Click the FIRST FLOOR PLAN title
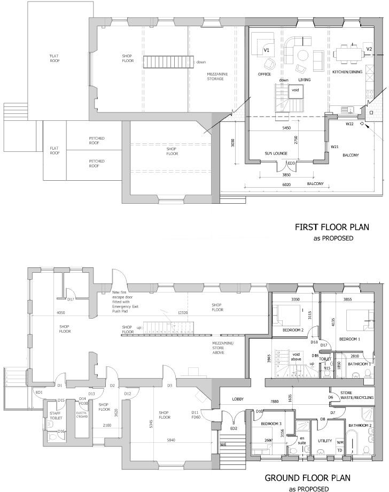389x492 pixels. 332,227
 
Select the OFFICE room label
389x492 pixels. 264,74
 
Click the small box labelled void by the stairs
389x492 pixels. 295,90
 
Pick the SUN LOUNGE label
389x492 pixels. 276,154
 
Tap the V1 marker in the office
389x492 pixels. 266,50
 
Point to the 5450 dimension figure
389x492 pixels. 286,128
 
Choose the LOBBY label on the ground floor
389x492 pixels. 238,399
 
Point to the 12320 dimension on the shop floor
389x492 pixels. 184,312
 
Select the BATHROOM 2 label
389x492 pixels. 361,426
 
